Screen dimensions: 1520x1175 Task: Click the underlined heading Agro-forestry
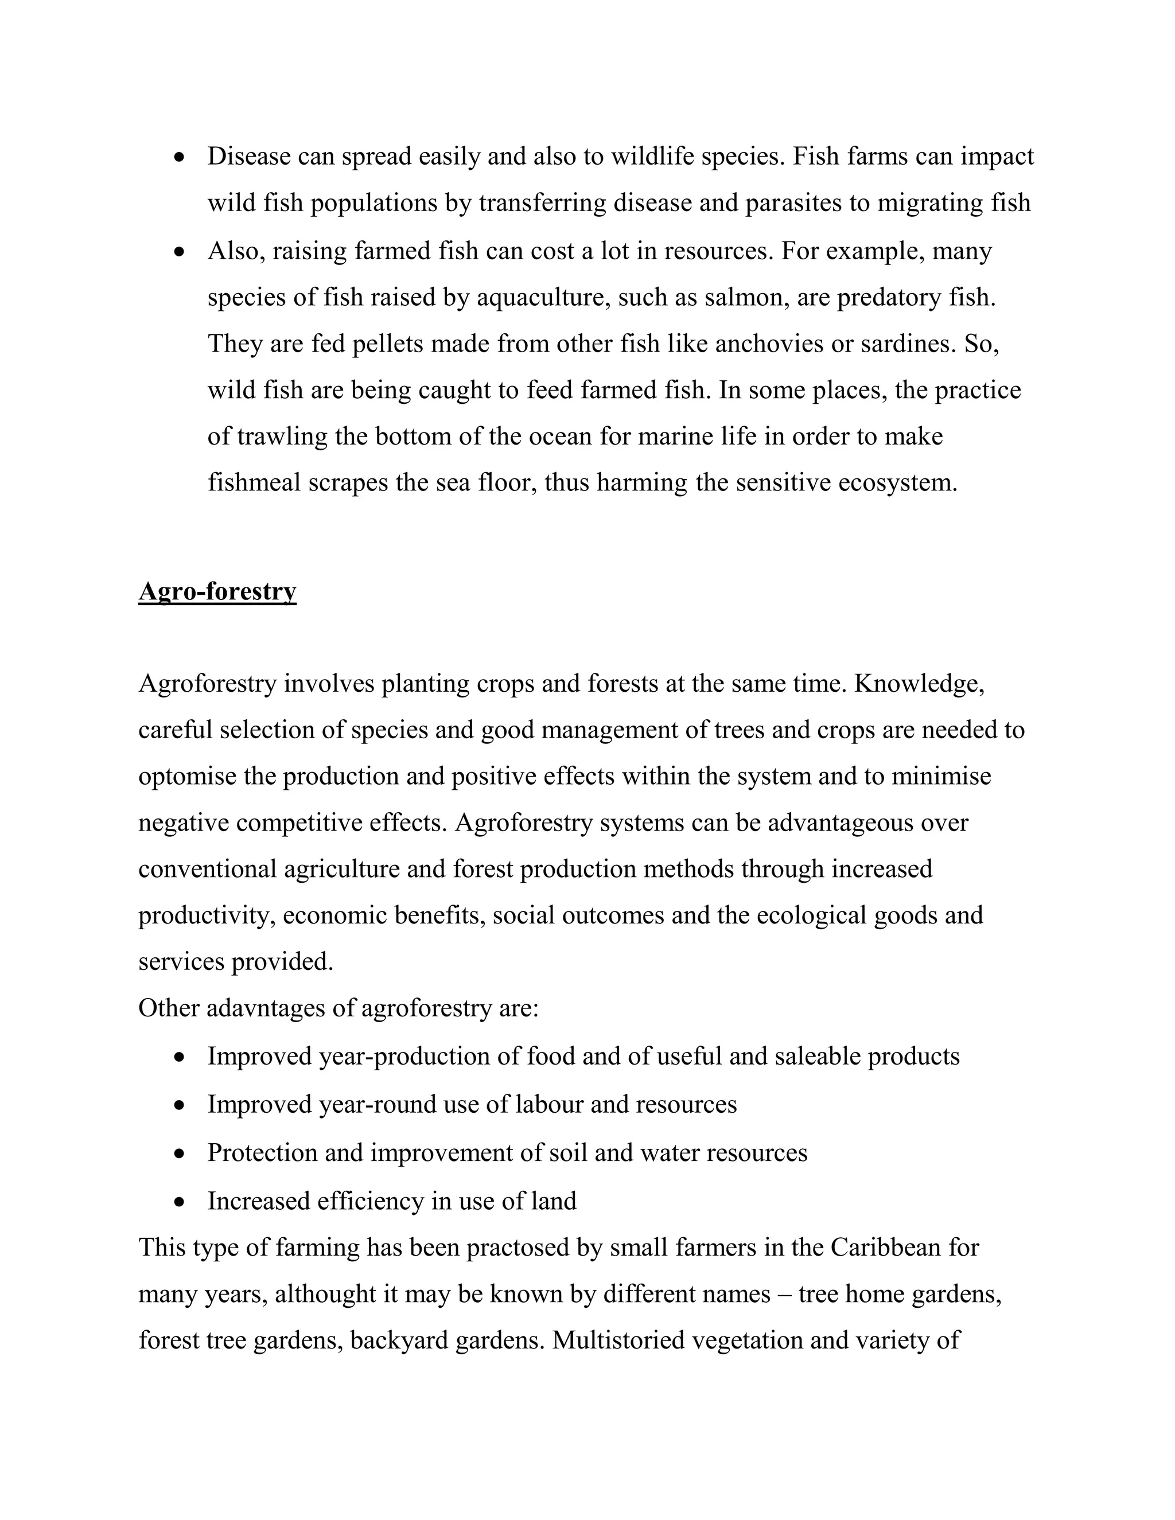click(217, 591)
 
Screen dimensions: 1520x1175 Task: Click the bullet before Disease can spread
click(180, 158)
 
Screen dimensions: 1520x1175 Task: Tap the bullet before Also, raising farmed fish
click(180, 252)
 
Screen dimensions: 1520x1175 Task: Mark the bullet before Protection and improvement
click(180, 1154)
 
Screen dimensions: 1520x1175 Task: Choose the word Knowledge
click(919, 684)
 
